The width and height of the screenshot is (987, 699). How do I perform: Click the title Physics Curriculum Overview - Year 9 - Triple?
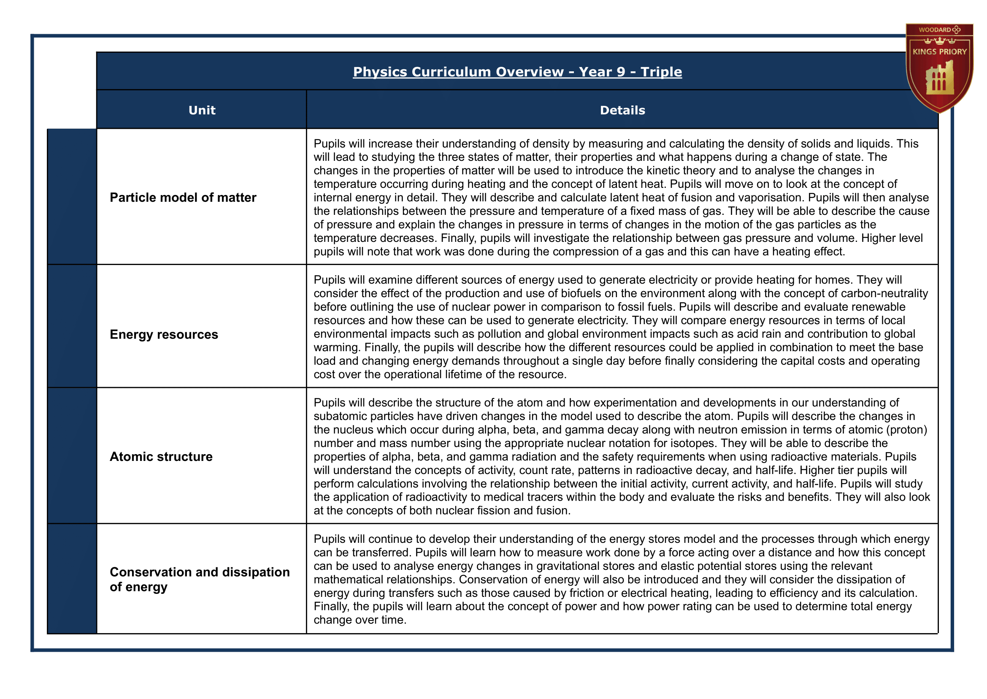517,71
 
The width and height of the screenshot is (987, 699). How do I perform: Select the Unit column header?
202,110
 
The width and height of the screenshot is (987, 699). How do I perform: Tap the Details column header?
622,110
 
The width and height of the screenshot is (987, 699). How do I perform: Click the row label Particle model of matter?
183,198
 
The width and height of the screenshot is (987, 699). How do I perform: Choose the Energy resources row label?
164,334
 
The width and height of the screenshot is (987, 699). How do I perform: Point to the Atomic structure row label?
161,457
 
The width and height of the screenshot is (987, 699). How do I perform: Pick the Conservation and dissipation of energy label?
199,580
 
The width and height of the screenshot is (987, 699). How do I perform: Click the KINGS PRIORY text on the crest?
940,51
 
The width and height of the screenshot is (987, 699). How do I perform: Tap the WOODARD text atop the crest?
935,30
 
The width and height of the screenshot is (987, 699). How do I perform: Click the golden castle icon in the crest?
940,80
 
